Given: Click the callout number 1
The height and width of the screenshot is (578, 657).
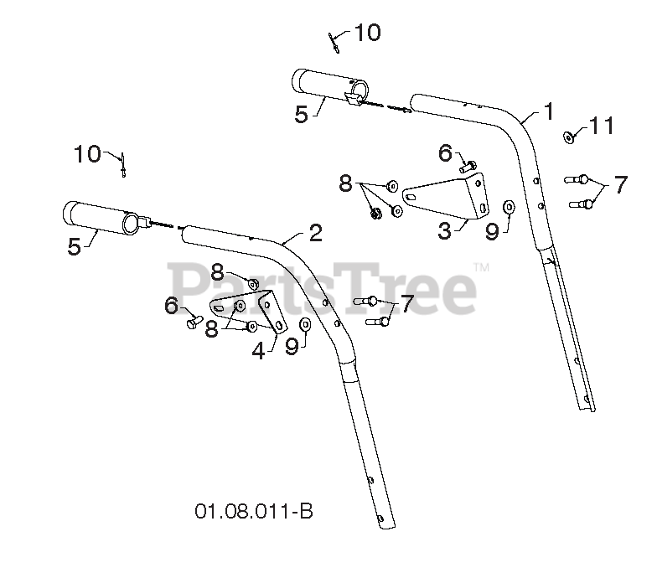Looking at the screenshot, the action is [549, 111].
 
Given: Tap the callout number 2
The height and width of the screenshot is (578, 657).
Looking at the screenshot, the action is [315, 233].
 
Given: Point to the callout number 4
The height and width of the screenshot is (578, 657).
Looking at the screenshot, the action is [258, 351].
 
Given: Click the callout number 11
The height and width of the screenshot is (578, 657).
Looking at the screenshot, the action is [601, 126].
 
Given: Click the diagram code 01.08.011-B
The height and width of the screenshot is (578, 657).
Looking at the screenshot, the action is [254, 510].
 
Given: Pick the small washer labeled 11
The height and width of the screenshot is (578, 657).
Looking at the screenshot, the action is [569, 136].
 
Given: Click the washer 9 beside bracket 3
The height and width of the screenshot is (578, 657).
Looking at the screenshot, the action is [509, 206].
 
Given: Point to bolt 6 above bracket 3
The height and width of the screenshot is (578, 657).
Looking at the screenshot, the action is [467, 167].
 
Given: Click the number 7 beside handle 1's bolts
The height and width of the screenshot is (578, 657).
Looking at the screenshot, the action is [619, 185].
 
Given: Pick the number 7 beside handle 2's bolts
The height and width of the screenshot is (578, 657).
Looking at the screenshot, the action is [406, 304].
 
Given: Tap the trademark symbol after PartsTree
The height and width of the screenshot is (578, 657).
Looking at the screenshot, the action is [482, 267].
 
